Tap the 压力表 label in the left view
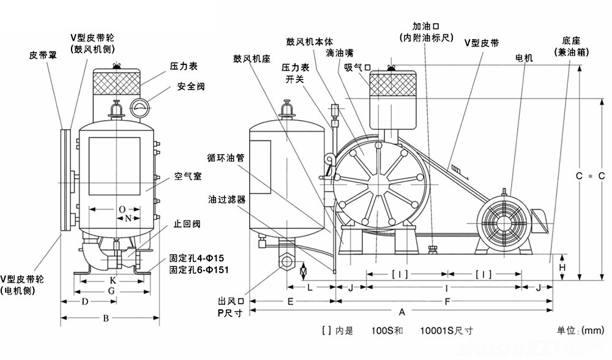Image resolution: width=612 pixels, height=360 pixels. click(x=183, y=65)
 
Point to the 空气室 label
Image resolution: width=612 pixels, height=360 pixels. click(x=188, y=176)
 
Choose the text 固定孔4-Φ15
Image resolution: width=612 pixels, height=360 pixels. click(x=193, y=258)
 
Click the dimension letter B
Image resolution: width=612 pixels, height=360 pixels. click(x=105, y=318)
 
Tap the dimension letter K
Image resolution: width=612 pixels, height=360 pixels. click(x=112, y=280)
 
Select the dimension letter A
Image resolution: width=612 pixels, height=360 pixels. click(x=401, y=312)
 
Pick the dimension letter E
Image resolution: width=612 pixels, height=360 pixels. click(x=291, y=301)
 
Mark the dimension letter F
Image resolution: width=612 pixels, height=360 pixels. click(x=447, y=301)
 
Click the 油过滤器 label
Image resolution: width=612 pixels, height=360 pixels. click(x=226, y=200)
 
